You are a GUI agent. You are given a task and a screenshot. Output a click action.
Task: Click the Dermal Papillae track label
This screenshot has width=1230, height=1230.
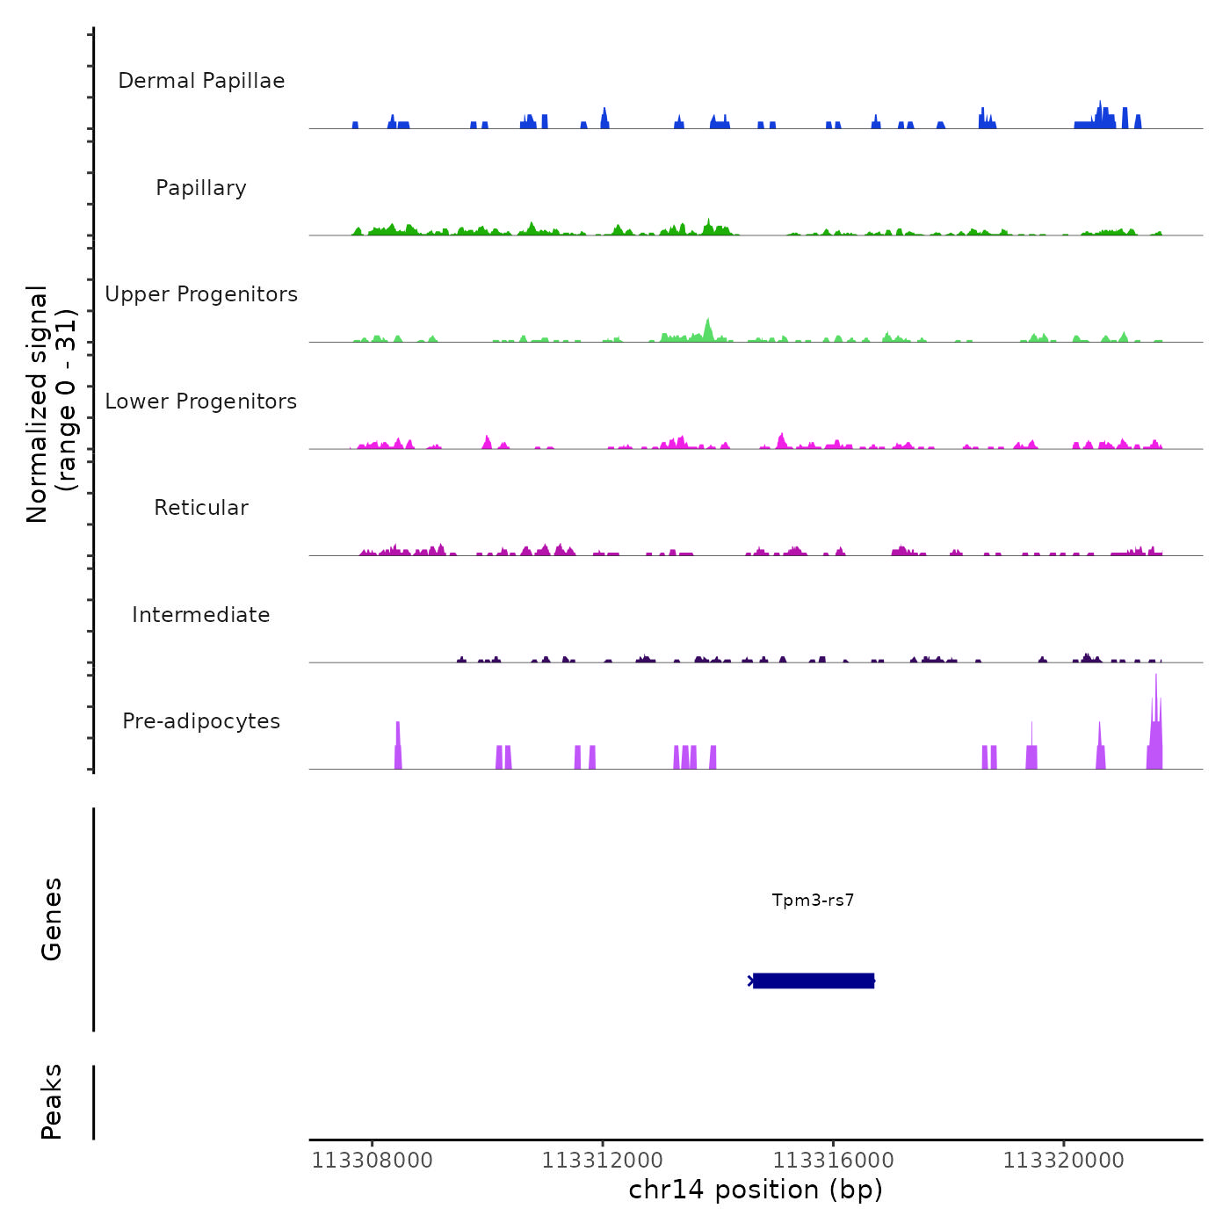pos(201,81)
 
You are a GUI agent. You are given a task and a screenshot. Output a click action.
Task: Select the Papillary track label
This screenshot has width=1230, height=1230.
pos(201,188)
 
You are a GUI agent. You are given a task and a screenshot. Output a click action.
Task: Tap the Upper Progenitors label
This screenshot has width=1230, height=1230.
pos(201,294)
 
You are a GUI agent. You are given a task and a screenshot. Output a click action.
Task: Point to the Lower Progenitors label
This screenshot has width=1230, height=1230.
pos(201,402)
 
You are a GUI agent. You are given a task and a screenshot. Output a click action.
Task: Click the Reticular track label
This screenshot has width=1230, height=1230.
pos(201,508)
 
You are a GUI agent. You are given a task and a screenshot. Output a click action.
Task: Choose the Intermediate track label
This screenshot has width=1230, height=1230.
pos(201,615)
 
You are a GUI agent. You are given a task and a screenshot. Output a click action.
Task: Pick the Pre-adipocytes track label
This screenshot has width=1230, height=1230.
pos(201,721)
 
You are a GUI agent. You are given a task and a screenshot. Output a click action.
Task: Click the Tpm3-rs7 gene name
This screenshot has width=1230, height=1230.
pos(813,901)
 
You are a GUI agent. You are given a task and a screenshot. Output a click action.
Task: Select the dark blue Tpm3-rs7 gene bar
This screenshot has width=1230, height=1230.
pos(813,980)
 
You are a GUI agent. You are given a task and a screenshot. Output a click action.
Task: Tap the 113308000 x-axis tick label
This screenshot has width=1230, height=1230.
pos(373,1161)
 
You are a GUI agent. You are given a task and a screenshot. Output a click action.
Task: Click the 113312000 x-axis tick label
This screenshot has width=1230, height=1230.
pos(603,1161)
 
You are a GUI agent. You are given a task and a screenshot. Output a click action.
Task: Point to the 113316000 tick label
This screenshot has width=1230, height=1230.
pos(833,1161)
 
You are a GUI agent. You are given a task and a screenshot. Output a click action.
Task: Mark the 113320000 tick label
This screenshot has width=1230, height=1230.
pos(1063,1161)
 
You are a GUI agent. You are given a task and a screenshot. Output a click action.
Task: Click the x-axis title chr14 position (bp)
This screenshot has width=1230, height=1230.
pos(756,1190)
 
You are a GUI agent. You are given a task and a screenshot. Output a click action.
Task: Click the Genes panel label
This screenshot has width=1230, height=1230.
pos(51,919)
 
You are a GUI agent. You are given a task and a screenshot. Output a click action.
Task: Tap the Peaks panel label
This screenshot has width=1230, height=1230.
pos(51,1102)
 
